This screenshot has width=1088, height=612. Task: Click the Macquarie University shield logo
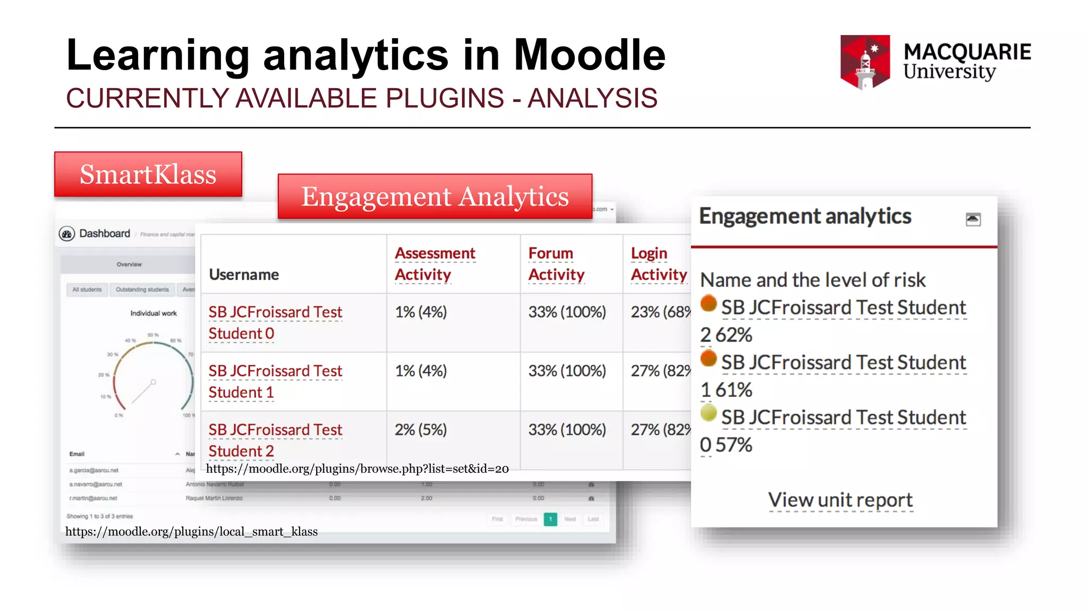click(x=865, y=62)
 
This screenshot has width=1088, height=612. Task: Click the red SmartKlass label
click(x=148, y=174)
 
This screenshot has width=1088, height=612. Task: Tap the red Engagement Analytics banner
click(x=435, y=197)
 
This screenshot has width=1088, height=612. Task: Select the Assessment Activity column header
click(x=435, y=263)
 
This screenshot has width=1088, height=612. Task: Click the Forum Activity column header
click(x=556, y=263)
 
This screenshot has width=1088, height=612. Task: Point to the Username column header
click(x=244, y=275)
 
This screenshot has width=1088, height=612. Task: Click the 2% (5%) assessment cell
click(x=420, y=429)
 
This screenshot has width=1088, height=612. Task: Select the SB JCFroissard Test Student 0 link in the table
click(x=275, y=322)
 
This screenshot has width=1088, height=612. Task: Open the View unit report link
click(x=840, y=500)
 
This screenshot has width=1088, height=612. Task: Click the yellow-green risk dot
click(x=708, y=413)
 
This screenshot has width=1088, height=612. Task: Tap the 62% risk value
click(x=734, y=335)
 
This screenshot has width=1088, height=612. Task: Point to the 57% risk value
click(x=734, y=445)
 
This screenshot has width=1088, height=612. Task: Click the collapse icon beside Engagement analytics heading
click(x=973, y=219)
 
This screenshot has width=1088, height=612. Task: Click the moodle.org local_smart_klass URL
click(x=191, y=532)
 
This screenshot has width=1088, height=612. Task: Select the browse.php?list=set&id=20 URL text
click(x=357, y=469)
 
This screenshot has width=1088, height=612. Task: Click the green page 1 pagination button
click(x=550, y=519)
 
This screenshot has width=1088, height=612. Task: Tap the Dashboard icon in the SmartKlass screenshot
click(x=67, y=234)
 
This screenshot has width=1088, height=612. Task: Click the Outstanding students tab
click(x=142, y=290)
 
